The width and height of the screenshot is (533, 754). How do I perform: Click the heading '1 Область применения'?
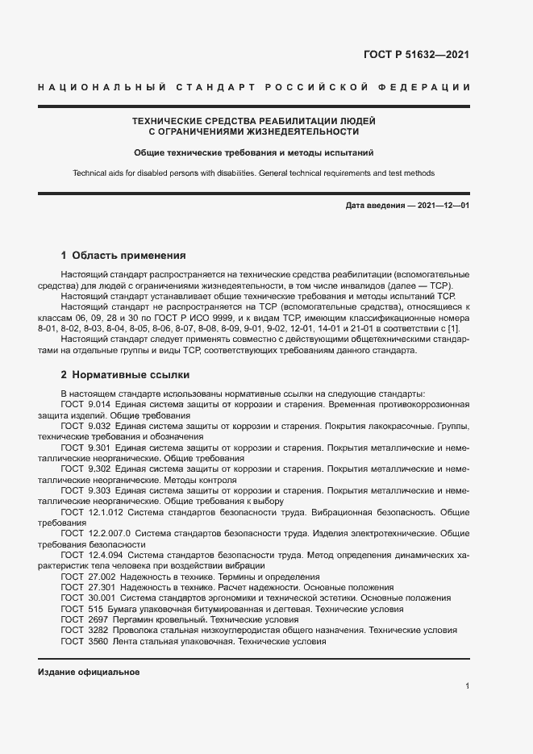[123, 255]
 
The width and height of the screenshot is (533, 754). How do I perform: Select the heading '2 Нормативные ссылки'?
[125, 375]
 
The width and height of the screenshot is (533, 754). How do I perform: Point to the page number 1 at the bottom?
[467, 685]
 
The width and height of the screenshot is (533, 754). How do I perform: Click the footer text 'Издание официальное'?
[89, 672]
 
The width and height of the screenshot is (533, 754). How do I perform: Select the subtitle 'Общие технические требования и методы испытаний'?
[253, 152]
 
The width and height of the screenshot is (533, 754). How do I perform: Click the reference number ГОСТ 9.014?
[85, 402]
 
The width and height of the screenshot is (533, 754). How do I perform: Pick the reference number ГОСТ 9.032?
[85, 425]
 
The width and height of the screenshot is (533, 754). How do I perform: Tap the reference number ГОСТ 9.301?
[85, 447]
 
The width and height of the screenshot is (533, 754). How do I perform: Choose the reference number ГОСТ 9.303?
[85, 490]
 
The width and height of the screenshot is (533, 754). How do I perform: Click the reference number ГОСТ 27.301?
[87, 588]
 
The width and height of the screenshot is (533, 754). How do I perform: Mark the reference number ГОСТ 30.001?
[87, 598]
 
